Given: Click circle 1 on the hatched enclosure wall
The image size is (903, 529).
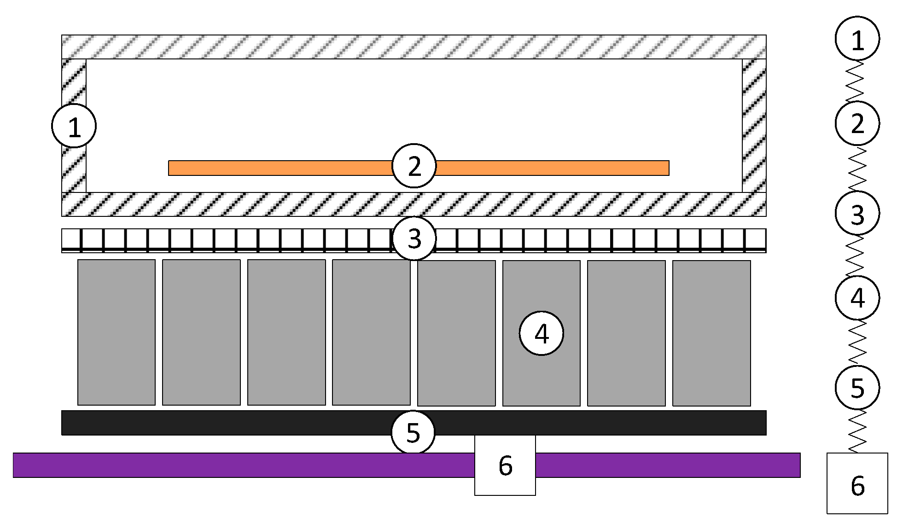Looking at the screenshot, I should tap(74, 126).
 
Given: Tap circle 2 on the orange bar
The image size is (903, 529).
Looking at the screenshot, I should tap(414, 166).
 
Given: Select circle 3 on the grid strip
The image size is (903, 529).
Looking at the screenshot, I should tap(414, 238).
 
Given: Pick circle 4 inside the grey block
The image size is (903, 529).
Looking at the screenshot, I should tap(542, 333).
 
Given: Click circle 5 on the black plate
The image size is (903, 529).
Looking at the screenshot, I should tap(413, 433).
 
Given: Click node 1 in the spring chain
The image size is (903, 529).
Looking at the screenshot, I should tap(857, 39).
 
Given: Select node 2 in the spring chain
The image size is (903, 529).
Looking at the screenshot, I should tap(857, 123).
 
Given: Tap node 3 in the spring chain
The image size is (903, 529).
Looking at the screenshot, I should tap(857, 213).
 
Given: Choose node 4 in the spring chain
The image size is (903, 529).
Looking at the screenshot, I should tap(857, 297).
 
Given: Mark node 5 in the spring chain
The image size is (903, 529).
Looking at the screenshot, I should tap(857, 387).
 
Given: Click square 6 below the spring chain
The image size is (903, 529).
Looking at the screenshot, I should tap(857, 483).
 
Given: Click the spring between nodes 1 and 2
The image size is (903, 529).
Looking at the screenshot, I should tap(856, 81).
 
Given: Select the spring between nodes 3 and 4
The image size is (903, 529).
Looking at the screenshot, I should tap(856, 256).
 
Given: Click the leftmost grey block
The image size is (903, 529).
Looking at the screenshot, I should tap(117, 332).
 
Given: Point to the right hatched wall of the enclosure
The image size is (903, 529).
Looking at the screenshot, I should tap(754, 125).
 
